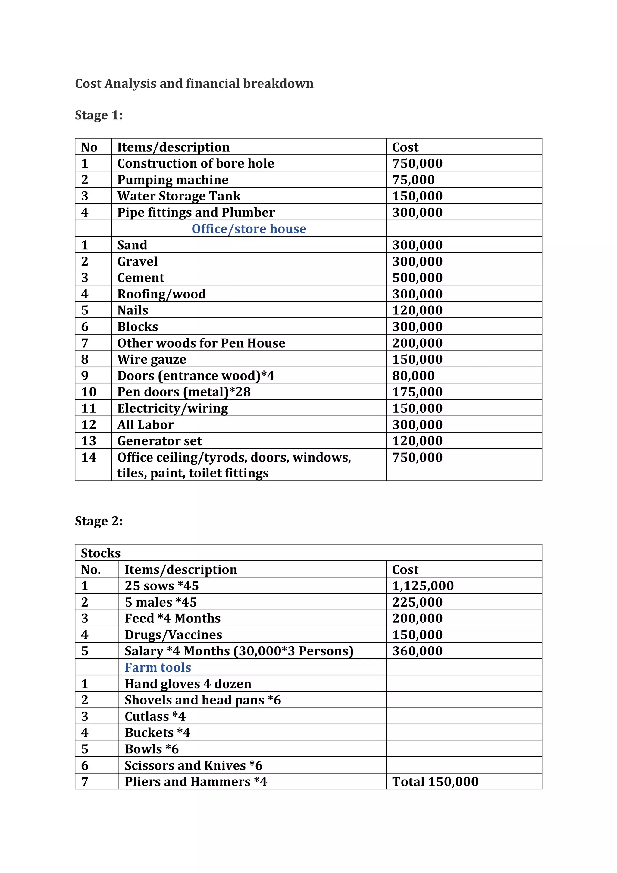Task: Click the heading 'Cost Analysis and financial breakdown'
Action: click(194, 83)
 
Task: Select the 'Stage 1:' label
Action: click(99, 115)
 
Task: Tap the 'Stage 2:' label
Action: click(99, 521)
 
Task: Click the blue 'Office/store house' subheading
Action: click(249, 229)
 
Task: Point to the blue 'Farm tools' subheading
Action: click(158, 667)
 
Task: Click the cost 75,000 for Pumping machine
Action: click(413, 180)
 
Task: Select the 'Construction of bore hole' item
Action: click(196, 163)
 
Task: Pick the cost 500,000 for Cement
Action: click(417, 278)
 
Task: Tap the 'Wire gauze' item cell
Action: click(152, 359)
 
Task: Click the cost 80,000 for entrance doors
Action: click(413, 376)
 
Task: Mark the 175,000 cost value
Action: click(417, 392)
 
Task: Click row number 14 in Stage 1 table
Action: click(89, 457)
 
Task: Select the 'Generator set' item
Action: click(160, 441)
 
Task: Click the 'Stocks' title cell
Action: click(101, 553)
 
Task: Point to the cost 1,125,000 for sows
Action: click(423, 586)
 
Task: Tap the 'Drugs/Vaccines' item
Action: click(173, 635)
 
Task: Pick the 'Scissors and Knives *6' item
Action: click(193, 765)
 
